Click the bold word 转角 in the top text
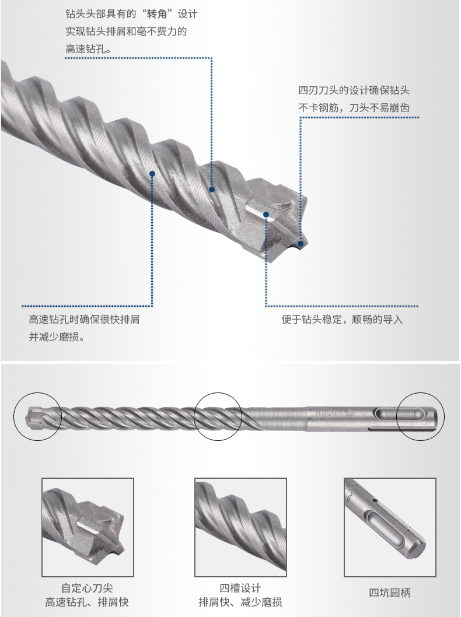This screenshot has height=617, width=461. point(157,15)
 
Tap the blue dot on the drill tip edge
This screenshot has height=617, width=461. point(301,244)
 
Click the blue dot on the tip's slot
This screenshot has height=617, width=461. point(266,215)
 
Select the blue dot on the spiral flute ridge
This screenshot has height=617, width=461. point(152,174)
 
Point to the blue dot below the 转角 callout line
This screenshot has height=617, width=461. point(211,190)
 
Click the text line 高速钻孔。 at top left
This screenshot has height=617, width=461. point(89,49)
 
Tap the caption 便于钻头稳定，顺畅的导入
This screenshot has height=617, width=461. point(342,319)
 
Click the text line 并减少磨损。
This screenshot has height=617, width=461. point(57,337)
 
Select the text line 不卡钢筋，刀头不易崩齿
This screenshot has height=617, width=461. point(354,107)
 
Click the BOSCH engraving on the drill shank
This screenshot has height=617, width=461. point(327,413)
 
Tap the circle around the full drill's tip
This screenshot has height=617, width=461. point(38,416)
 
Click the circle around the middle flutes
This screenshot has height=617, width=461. point(218,416)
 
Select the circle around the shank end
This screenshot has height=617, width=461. point(421,416)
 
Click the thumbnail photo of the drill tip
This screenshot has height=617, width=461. point(88,527)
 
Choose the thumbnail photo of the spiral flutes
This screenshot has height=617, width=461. point(240,527)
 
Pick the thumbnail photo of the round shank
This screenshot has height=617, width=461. point(390,527)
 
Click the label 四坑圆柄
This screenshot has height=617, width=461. point(390,593)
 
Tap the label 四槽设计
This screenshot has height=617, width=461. point(240,588)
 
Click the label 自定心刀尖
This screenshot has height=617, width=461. point(87,588)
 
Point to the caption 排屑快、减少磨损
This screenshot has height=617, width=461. point(240,602)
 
